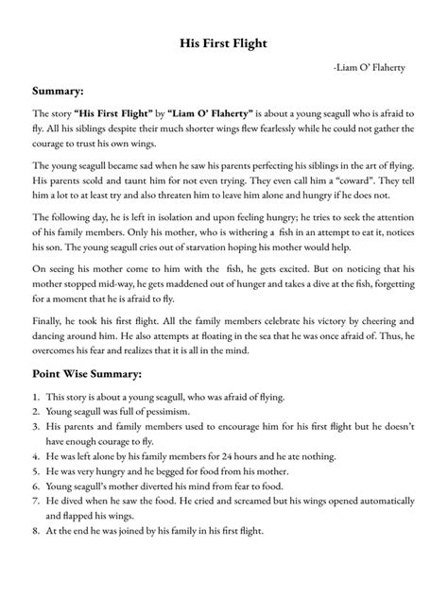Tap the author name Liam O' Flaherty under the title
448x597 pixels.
[x=374, y=69]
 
